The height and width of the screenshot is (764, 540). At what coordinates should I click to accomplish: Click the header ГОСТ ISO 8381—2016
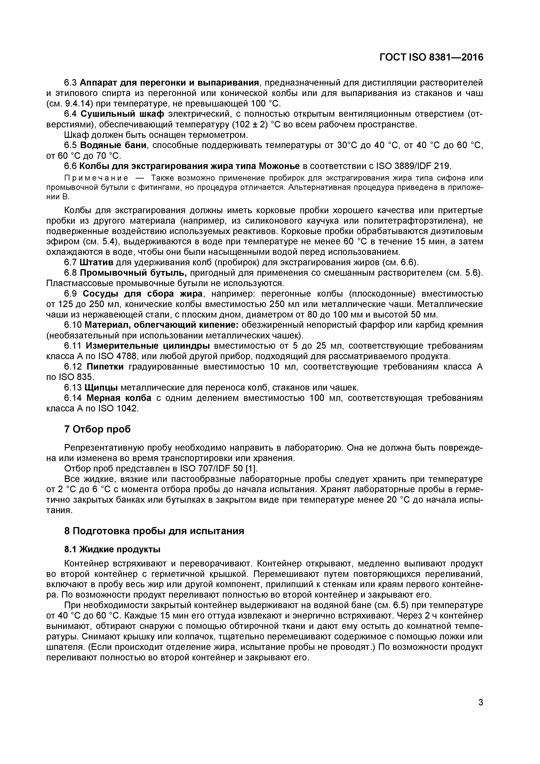coord(431,57)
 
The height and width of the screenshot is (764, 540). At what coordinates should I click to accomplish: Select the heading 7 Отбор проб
coord(98,429)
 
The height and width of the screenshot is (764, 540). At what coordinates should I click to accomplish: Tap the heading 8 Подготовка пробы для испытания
coord(154,531)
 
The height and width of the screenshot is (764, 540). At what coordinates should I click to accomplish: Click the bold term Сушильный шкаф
coord(122,114)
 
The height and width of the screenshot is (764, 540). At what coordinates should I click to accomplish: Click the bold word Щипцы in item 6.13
coord(101,387)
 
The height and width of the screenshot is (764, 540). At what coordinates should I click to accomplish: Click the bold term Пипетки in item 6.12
coord(105,367)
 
